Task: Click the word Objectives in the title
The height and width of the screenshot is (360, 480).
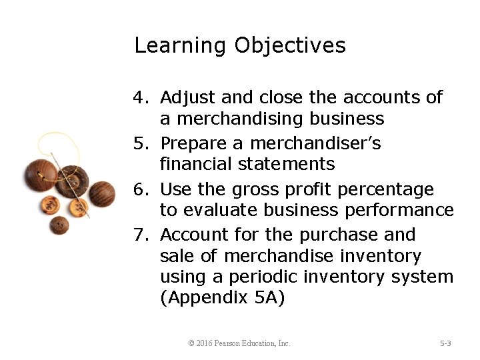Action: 290,46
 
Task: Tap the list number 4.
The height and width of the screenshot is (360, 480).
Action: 139,98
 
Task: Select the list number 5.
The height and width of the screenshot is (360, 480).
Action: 139,143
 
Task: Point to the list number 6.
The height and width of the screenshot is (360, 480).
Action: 139,189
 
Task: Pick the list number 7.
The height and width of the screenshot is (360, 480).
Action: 139,235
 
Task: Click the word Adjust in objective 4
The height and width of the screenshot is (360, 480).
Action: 188,98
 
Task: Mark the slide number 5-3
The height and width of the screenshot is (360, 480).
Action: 445,343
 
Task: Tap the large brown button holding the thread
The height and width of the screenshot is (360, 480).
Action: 40,174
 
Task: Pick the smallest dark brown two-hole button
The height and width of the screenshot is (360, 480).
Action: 59,225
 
